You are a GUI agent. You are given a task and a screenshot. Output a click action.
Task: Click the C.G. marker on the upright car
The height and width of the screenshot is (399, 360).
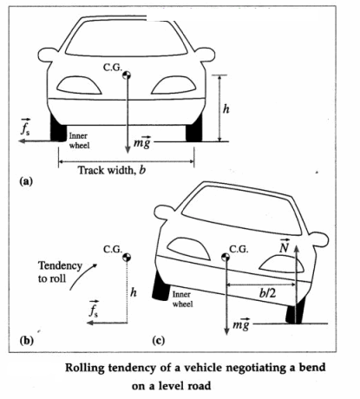click(x=127, y=75)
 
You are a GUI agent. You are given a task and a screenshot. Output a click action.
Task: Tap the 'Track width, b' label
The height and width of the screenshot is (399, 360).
click(x=112, y=170)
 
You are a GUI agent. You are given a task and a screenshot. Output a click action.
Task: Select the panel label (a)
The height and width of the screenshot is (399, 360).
click(x=26, y=181)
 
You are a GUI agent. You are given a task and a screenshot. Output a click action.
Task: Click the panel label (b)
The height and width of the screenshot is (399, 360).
click(x=26, y=340)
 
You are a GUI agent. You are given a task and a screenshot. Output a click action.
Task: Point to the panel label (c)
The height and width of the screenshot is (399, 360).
click(x=159, y=340)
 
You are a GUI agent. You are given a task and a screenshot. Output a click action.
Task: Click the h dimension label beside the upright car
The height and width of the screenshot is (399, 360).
click(x=226, y=109)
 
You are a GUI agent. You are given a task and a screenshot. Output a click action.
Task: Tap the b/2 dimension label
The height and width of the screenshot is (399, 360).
click(x=267, y=293)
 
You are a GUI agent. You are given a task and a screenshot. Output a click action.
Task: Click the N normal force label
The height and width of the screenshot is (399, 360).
click(x=285, y=246)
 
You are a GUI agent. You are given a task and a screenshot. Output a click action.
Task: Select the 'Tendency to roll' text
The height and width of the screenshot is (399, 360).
click(x=60, y=271)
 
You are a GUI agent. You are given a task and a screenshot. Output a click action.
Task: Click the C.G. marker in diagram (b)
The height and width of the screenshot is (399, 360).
click(x=127, y=257)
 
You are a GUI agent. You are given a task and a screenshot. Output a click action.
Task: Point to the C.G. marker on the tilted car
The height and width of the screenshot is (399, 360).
click(x=226, y=257)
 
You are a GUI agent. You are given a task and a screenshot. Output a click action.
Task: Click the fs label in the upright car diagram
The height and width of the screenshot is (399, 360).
click(x=25, y=128)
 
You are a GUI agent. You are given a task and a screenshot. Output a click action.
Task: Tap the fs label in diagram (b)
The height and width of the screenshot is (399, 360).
click(x=94, y=310)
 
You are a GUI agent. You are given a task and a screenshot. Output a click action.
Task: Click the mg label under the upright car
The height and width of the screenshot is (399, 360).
click(x=142, y=142)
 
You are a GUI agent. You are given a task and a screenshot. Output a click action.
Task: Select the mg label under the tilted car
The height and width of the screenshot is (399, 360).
click(x=241, y=324)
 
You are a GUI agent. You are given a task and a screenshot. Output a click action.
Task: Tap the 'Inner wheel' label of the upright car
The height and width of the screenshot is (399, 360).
click(x=79, y=141)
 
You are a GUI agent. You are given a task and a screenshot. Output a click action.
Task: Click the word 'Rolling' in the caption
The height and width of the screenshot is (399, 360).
click(x=84, y=368)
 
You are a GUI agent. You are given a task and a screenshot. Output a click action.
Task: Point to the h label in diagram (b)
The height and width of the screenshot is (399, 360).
click(x=134, y=292)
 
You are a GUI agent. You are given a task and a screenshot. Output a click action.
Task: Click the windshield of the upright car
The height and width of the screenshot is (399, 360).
click(x=126, y=38)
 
